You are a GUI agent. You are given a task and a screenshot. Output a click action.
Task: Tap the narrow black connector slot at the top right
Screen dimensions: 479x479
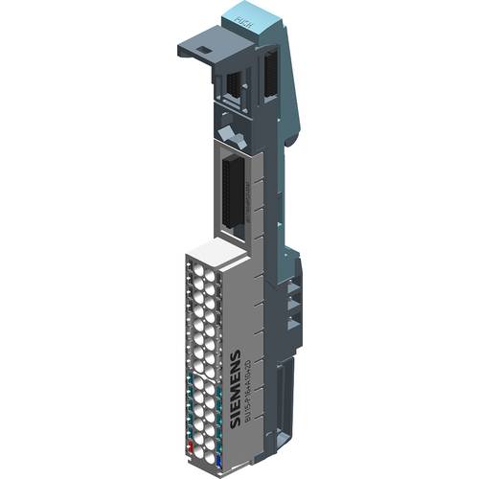[x=269, y=76]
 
